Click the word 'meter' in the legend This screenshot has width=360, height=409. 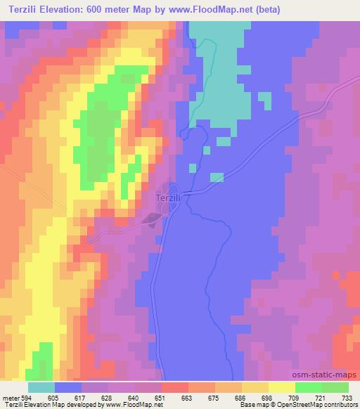(11, 398)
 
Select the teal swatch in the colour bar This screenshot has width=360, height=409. (41, 387)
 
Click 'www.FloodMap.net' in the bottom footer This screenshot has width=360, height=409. (131, 405)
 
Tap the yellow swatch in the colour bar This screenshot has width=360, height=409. (281, 387)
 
